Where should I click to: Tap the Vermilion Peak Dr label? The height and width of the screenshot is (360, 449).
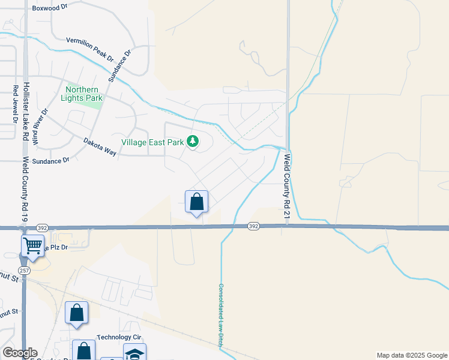point(90,48)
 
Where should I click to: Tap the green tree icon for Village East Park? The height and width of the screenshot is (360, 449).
point(193,142)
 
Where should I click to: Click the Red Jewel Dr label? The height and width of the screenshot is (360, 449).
point(15,103)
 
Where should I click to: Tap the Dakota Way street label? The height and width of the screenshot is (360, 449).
point(100,148)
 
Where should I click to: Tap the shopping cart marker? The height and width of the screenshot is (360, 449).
point(32,245)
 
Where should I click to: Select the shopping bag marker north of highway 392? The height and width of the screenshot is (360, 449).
point(196,202)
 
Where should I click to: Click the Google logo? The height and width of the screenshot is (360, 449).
point(20,353)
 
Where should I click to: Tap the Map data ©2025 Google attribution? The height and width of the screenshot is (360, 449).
point(411,355)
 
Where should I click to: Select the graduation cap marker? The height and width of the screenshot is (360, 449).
point(134,353)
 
